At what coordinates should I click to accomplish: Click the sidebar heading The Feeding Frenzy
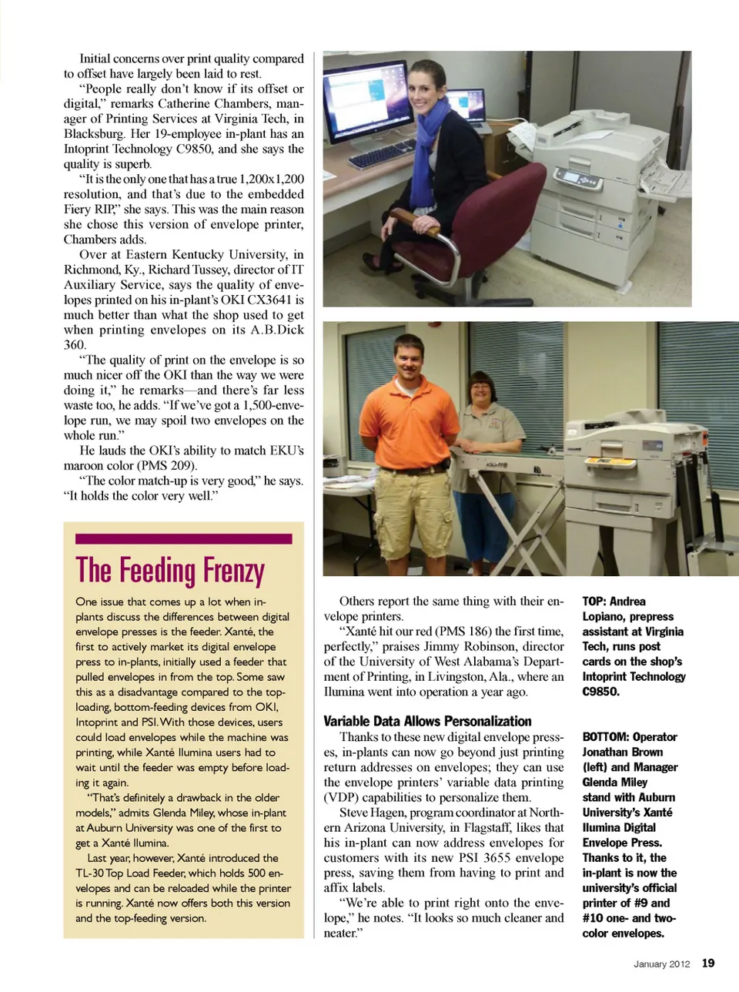point(170,571)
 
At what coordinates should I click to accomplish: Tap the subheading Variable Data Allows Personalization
point(427,721)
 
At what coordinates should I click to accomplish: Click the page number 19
point(708,963)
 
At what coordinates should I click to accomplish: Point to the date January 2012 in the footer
point(661,964)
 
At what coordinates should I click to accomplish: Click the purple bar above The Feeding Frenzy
point(183,539)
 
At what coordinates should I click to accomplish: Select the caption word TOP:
point(594,602)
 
